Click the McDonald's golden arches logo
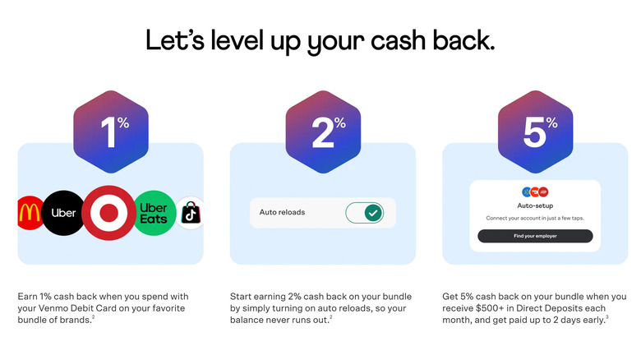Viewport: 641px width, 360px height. click(x=30, y=213)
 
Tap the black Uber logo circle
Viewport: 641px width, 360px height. click(x=63, y=213)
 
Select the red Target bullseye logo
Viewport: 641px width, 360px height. click(x=108, y=213)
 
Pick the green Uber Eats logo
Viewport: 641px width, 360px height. click(x=154, y=213)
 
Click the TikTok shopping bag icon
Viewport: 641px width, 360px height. click(x=190, y=213)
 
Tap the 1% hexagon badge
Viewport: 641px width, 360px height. click(x=111, y=132)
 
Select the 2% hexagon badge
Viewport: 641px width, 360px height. click(x=323, y=132)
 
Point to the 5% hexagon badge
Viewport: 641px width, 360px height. click(x=535, y=132)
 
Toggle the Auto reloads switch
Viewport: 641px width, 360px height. click(x=364, y=213)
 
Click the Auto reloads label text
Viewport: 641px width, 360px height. click(x=282, y=212)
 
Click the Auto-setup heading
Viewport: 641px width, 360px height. click(x=535, y=205)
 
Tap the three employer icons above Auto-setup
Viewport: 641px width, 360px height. click(x=535, y=192)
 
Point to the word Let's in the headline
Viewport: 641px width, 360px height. click(x=175, y=40)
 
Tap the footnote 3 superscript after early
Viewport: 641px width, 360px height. click(x=607, y=317)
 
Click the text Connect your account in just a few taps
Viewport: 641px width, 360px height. click(x=535, y=218)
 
